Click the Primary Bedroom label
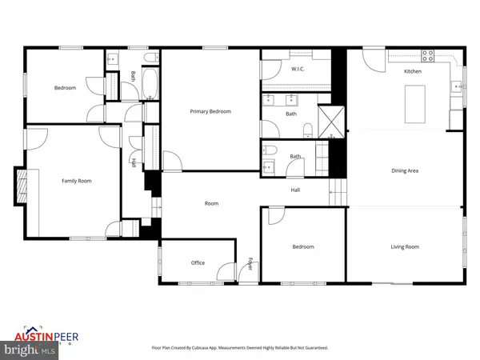coord(210,111)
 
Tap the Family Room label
coord(77,181)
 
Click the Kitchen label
coord(412,71)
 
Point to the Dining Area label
coord(405,170)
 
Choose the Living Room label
coord(405,246)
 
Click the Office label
coord(198,262)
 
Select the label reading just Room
coord(211,203)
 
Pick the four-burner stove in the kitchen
coord(427,56)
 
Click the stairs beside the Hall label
coord(338,192)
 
